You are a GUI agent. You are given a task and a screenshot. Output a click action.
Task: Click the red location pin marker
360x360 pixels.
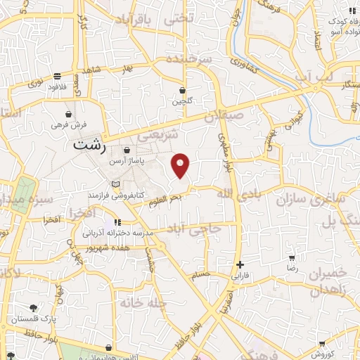181,164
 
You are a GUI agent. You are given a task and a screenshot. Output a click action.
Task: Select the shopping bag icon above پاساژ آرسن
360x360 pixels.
127,150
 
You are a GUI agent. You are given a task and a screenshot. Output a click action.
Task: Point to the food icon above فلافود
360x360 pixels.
56,77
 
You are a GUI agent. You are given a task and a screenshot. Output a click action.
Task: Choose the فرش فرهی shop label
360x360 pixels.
69,124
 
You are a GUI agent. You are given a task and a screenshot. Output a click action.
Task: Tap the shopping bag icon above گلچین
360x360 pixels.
182,91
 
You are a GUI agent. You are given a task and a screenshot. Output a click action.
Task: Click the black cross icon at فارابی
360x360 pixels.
240,265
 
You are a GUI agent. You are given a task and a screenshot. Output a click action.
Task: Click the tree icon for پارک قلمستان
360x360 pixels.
32,308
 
